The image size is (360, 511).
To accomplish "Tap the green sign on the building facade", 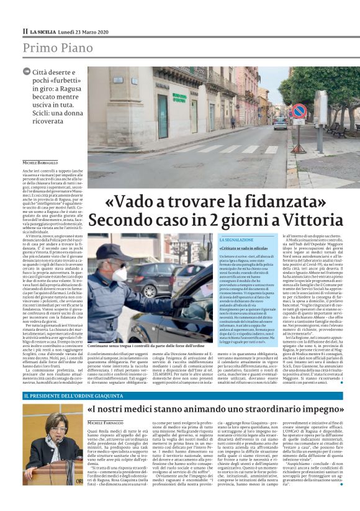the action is coord(179,97).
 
